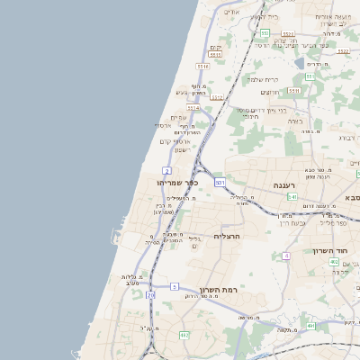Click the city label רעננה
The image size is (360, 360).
[290, 184]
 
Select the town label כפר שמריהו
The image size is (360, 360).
[164, 183]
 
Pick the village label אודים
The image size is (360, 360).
[229, 12]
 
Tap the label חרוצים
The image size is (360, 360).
[269, 93]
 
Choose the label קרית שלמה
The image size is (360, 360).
[264, 79]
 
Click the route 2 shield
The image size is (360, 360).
[167, 170]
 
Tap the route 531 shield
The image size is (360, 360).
[220, 182]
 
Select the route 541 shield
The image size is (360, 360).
[292, 196]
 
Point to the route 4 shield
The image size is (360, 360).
[286, 256]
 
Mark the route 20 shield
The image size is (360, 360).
[151, 293]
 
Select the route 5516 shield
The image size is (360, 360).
[203, 66]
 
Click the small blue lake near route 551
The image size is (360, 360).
[300, 63]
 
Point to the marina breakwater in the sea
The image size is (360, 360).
[114, 238]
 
